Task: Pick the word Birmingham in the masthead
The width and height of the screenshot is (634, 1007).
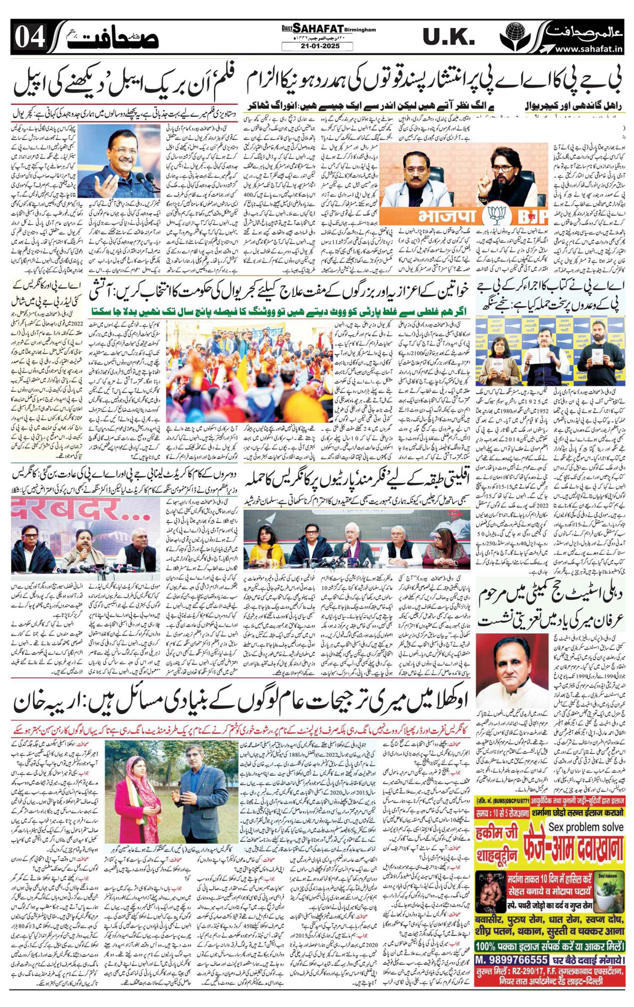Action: (358, 30)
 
